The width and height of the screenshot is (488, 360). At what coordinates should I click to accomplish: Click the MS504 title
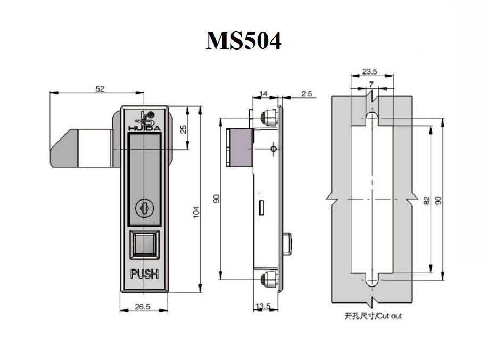click(244, 40)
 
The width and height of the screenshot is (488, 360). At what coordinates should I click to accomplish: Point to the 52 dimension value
click(100, 89)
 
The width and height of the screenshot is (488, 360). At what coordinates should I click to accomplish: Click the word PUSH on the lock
click(144, 275)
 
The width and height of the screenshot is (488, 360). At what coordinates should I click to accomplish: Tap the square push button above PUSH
click(144, 246)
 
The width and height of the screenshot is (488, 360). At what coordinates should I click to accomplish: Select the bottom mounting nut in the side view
click(269, 280)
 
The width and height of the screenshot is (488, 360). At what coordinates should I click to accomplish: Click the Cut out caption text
click(373, 316)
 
